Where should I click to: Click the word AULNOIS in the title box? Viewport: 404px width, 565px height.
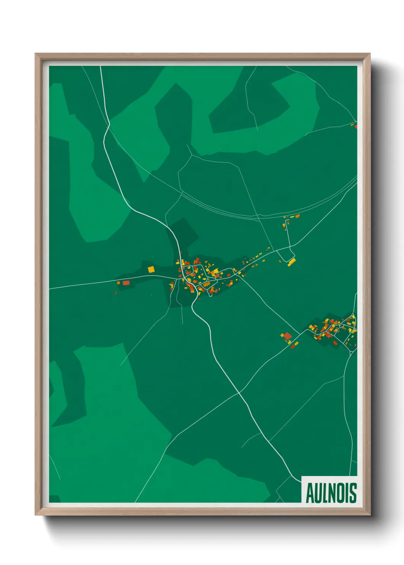(x=331, y=492)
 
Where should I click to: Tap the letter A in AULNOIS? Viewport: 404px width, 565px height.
(x=310, y=493)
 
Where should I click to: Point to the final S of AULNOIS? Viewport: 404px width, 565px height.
(x=353, y=493)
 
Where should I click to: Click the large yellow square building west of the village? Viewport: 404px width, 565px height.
(x=151, y=269)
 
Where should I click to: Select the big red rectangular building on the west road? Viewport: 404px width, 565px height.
(x=126, y=283)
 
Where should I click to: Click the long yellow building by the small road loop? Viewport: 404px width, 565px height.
(x=292, y=262)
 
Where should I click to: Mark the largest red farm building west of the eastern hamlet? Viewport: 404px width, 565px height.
(x=288, y=336)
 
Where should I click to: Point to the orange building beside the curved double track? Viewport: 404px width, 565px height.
(x=297, y=216)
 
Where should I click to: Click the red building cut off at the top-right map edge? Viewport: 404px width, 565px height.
(x=356, y=126)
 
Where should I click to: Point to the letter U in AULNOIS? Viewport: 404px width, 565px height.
(x=317, y=493)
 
